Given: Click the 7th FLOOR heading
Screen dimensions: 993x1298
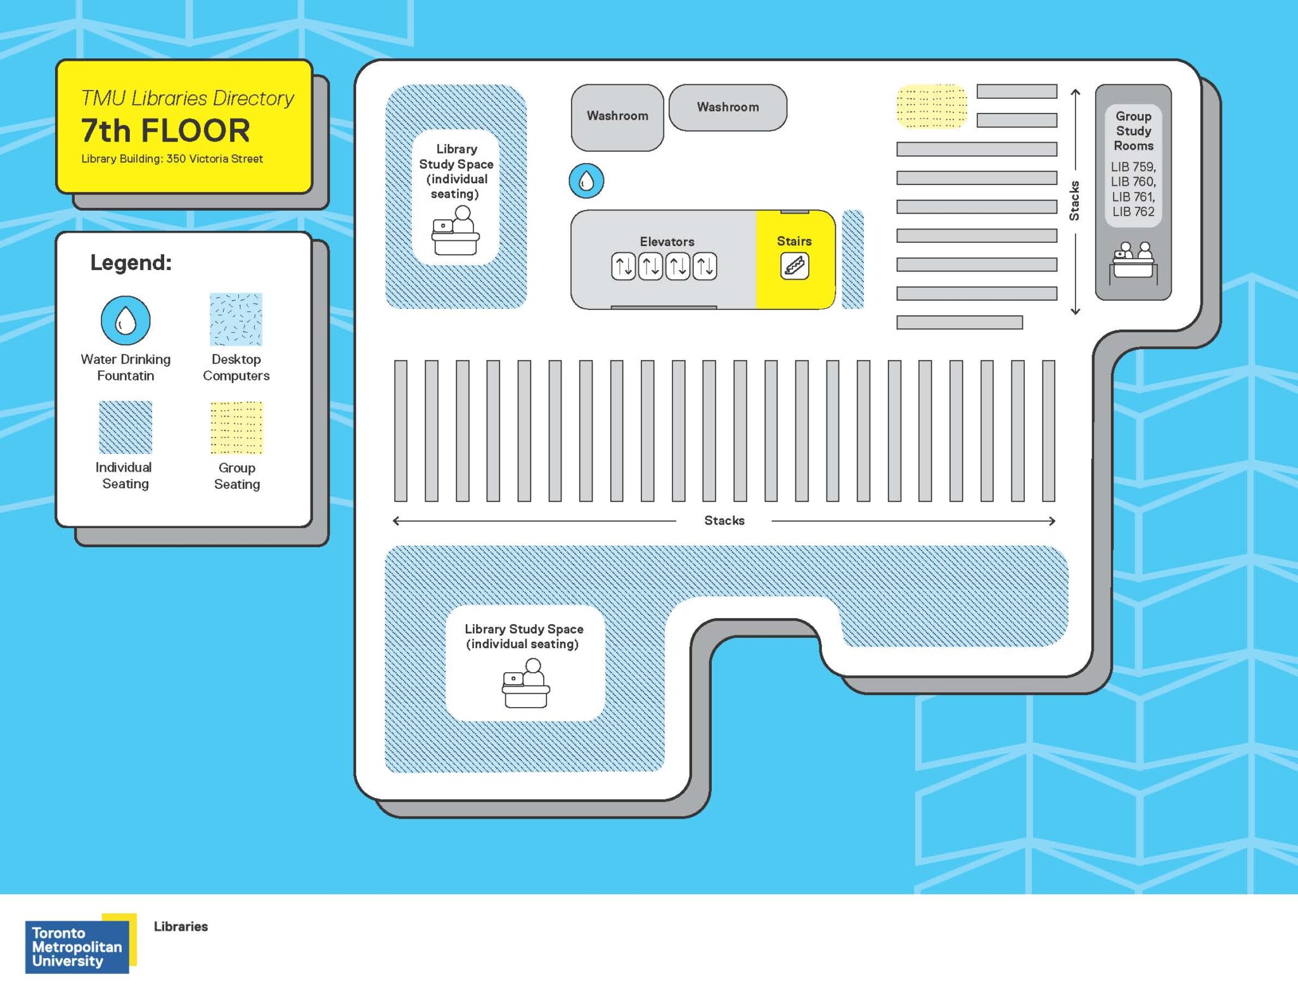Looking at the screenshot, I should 165,131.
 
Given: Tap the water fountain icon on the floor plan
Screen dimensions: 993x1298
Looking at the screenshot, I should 586,181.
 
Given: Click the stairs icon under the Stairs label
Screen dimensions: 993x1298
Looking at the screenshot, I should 794,266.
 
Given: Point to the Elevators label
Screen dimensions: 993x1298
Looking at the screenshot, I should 667,242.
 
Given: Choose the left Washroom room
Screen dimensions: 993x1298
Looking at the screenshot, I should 617,117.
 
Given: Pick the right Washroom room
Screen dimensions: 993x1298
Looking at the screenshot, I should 728,107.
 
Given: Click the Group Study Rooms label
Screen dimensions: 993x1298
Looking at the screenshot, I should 1133,131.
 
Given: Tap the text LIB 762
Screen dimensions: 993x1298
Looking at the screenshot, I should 1133,212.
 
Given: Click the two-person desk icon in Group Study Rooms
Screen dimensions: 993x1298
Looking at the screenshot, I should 1133,260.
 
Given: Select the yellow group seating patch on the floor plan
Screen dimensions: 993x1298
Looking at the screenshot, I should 931,106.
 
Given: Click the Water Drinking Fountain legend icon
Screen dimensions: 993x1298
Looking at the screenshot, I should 125,321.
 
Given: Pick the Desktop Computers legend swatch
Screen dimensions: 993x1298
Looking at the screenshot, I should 236,319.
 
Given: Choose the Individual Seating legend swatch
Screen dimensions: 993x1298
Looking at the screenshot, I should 125,427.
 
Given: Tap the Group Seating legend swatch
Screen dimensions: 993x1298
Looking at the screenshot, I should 236,427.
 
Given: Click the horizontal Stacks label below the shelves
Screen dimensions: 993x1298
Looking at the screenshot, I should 724,521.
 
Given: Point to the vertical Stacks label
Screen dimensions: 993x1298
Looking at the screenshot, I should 1075,201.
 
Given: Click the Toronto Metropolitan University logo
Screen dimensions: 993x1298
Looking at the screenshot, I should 79,945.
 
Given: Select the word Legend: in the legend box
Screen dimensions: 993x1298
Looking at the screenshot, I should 131,263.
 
